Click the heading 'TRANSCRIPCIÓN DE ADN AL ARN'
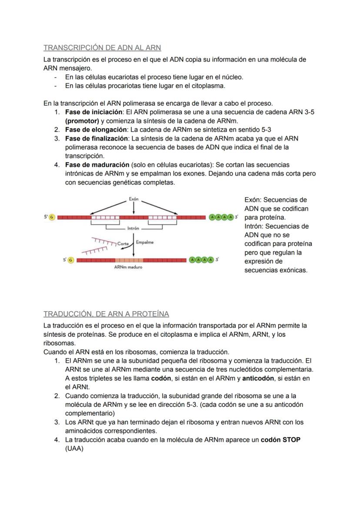[102, 47]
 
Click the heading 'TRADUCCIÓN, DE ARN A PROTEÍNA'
[106, 314]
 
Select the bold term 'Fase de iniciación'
[93, 112]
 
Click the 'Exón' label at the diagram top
[133, 199]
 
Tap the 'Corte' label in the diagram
[123, 244]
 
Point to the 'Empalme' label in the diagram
[145, 242]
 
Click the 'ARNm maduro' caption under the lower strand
[128, 267]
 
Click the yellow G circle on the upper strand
[52, 217]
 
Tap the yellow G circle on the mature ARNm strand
[71, 260]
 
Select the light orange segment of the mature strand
[129, 260]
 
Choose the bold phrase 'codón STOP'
[280, 439]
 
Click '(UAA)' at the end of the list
[74, 448]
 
